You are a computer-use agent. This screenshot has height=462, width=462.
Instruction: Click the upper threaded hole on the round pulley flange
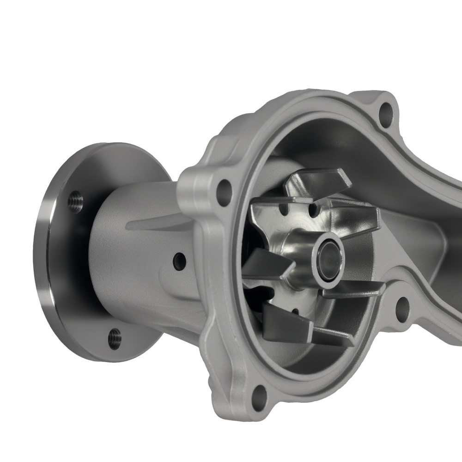pyautogui.click(x=76, y=202)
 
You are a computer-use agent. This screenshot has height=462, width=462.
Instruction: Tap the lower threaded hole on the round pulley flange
pyautogui.click(x=115, y=338)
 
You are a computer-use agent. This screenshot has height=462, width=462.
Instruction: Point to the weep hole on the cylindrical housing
pyautogui.click(x=179, y=262)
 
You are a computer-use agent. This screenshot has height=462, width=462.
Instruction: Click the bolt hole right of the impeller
pyautogui.click(x=402, y=308)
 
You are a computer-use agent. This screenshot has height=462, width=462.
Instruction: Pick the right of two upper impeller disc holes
pyautogui.click(x=314, y=212)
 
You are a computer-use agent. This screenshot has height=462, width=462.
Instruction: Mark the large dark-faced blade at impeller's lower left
pyautogui.click(x=283, y=323)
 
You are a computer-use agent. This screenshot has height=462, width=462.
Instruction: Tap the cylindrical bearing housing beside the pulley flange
pyautogui.click(x=134, y=259)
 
